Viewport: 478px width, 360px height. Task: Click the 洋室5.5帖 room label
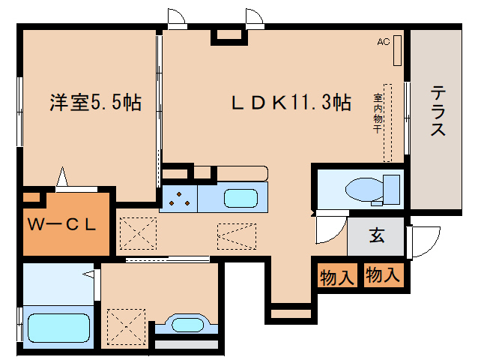click(x=96, y=102)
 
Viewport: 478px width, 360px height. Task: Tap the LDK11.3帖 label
click(x=290, y=102)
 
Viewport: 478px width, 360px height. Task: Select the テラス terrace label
click(x=438, y=111)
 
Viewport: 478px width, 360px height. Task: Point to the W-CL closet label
click(x=62, y=224)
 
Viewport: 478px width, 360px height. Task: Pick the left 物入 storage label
click(x=336, y=277)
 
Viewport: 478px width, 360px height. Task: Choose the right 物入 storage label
click(x=382, y=275)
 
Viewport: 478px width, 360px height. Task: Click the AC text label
click(x=384, y=42)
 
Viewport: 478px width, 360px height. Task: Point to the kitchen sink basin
click(x=240, y=199)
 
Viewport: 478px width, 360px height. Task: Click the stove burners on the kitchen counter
click(x=179, y=199)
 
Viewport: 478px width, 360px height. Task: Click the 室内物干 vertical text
click(x=378, y=112)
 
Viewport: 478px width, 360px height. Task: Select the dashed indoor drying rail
click(x=388, y=121)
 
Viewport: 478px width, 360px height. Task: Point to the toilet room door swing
click(x=327, y=229)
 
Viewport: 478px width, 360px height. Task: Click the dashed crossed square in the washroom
click(x=123, y=324)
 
